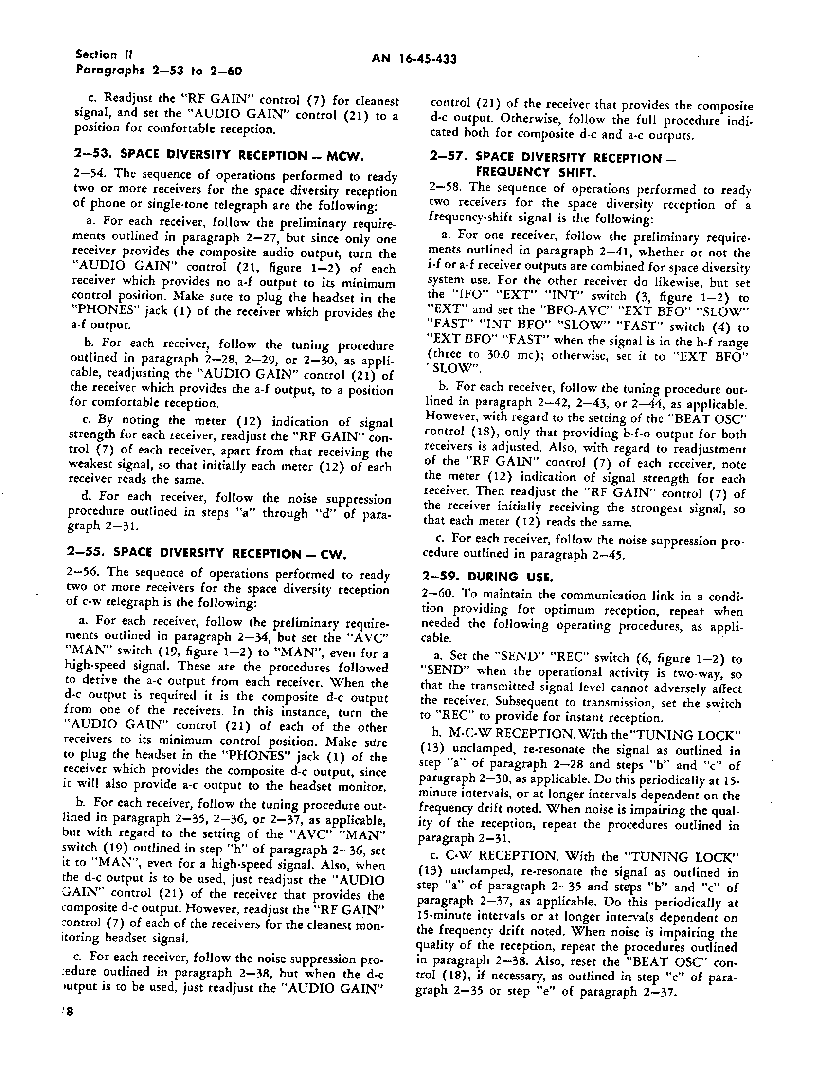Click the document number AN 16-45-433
click(414, 60)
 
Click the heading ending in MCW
click(218, 157)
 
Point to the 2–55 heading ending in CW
click(206, 554)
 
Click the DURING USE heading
click(487, 577)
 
